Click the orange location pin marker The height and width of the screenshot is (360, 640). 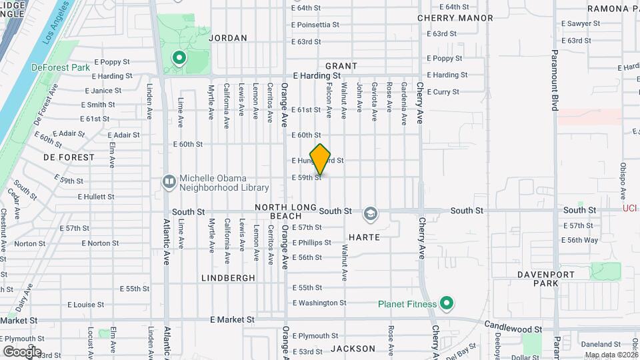point(321,159)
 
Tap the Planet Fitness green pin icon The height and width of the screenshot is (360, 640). point(447,304)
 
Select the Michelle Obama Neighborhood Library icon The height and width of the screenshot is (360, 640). point(169,181)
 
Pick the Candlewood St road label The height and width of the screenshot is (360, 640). point(513,329)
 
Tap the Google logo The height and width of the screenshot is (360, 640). point(22,351)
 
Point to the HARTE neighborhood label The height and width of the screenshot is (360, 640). point(364,237)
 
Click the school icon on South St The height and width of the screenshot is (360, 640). point(369,214)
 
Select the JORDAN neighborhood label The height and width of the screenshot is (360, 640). point(228,38)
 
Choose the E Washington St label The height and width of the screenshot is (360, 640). point(319,303)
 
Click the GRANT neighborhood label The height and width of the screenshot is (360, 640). point(341,66)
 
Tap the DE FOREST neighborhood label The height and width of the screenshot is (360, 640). point(69,157)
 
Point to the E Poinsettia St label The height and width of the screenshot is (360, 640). point(316,25)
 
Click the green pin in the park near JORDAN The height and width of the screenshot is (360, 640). point(179,59)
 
